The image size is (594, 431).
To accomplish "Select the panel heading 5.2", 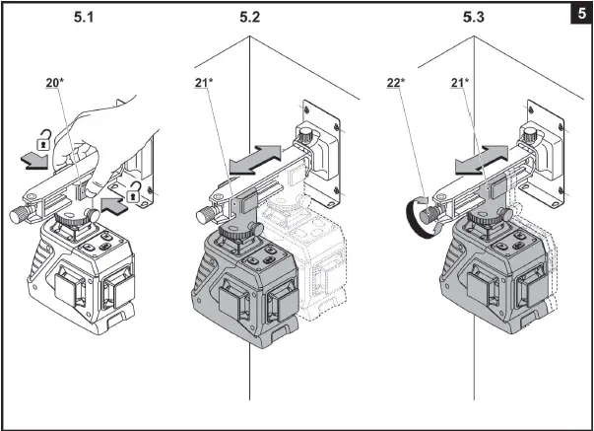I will [x=249, y=17].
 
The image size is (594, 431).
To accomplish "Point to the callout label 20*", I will [x=55, y=84].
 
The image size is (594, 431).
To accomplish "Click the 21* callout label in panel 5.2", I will [x=204, y=84].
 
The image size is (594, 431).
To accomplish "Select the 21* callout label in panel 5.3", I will [x=459, y=84].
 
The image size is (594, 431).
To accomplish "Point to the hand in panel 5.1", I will [x=108, y=134].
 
